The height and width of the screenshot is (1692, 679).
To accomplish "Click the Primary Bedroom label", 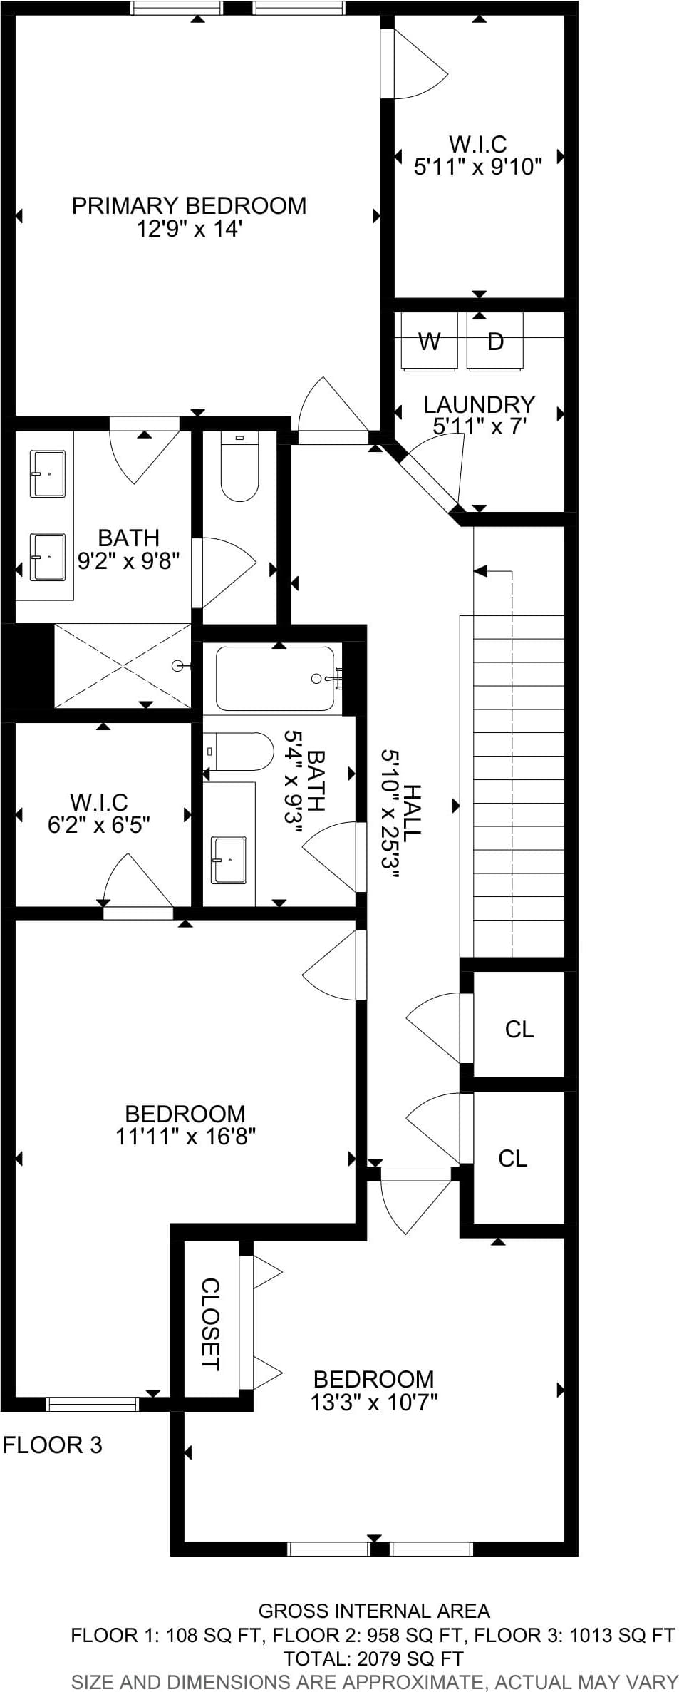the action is (189, 205).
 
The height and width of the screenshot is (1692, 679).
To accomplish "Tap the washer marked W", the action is (429, 341).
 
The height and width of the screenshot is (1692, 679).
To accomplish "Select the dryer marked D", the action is (495, 341).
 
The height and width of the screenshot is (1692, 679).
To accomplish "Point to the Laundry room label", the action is (479, 404).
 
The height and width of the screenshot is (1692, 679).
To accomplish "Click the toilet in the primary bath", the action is (239, 468).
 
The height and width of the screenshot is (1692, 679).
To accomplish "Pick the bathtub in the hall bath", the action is (275, 678).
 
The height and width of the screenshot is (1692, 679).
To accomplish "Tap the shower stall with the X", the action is (123, 666).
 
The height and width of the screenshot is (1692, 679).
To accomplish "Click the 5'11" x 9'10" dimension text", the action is (478, 167).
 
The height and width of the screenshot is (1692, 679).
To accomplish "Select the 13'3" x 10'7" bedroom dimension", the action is (373, 1403).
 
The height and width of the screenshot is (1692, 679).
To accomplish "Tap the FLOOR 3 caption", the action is (53, 1445).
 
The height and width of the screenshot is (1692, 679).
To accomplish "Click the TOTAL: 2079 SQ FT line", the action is (373, 1658).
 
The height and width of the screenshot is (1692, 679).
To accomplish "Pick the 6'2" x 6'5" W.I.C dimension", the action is (99, 825).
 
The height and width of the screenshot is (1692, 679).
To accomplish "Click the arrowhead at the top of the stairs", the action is (480, 571).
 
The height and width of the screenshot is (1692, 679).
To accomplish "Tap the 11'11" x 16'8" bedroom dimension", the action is (185, 1136).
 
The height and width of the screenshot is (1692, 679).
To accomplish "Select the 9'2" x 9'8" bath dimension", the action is (128, 561).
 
